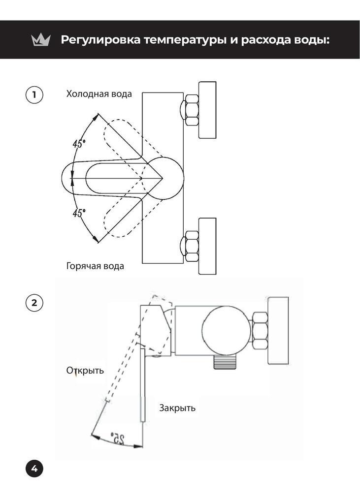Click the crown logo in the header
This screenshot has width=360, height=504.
41,40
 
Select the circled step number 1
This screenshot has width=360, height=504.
34,94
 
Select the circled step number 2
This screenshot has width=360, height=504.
34,302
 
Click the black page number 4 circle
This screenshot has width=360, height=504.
34,469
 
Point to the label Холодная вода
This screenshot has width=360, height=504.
99,94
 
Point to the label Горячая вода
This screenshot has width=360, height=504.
95,266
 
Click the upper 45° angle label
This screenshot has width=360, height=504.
79,144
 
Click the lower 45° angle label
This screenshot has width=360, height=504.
79,213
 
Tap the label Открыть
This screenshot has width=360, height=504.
85,370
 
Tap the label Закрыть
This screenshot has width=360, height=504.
177,408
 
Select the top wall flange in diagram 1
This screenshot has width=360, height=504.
207,110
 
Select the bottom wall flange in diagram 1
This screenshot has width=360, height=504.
207,246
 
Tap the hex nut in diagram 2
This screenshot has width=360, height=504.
259,331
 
